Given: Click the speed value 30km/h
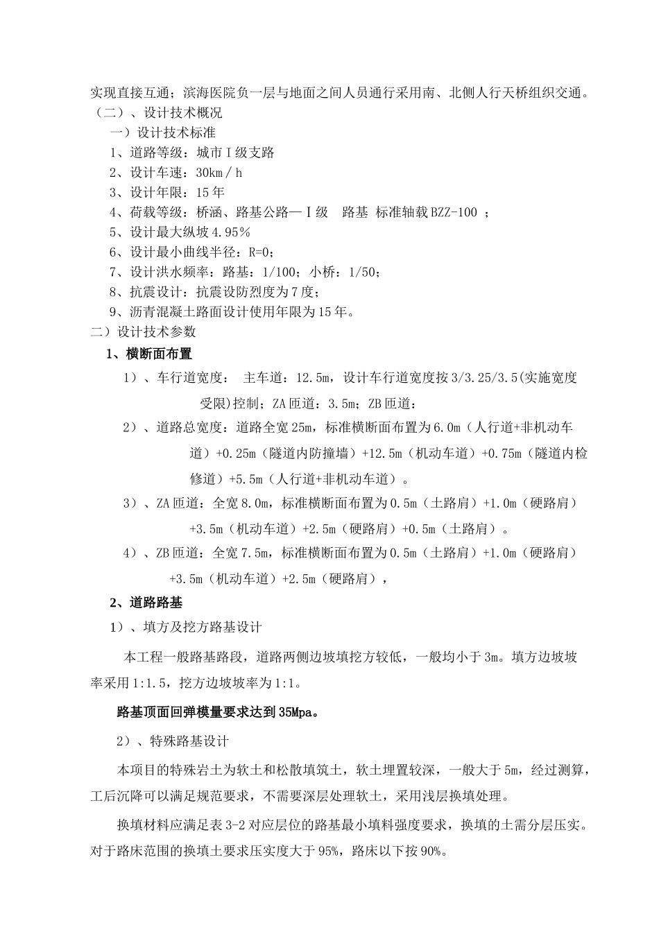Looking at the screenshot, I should [x=219, y=173].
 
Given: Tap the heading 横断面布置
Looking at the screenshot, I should [x=159, y=354].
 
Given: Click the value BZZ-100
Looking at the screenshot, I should [x=455, y=212].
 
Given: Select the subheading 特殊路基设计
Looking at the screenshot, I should [x=189, y=741].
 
